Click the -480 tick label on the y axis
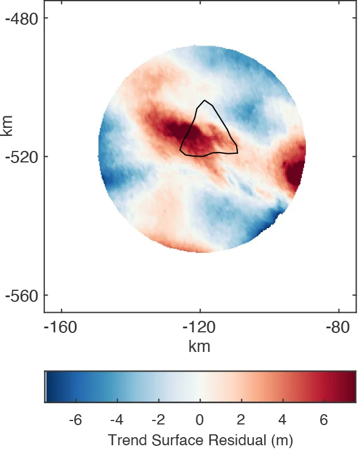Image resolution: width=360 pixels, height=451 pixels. pyautogui.click(x=22, y=18)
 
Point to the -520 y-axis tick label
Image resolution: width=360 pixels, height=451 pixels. pyautogui.click(x=22, y=157)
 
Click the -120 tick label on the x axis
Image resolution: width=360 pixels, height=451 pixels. pyautogui.click(x=199, y=328)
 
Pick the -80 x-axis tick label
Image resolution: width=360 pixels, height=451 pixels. pyautogui.click(x=338, y=328)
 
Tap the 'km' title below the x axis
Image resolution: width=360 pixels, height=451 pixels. pyautogui.click(x=199, y=346)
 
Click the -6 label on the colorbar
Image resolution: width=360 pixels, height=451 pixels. pyautogui.click(x=74, y=419)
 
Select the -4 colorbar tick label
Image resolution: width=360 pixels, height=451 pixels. pyautogui.click(x=116, y=419)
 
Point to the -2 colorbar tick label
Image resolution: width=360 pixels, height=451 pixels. pyautogui.click(x=157, y=419)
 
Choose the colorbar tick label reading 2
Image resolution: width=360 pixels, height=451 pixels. pyautogui.click(x=241, y=419)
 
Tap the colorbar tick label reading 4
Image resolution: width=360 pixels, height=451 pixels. pyautogui.click(x=283, y=419)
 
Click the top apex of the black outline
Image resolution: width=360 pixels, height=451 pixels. pyautogui.click(x=204, y=101)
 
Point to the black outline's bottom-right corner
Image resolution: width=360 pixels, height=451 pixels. pyautogui.click(x=237, y=153)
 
